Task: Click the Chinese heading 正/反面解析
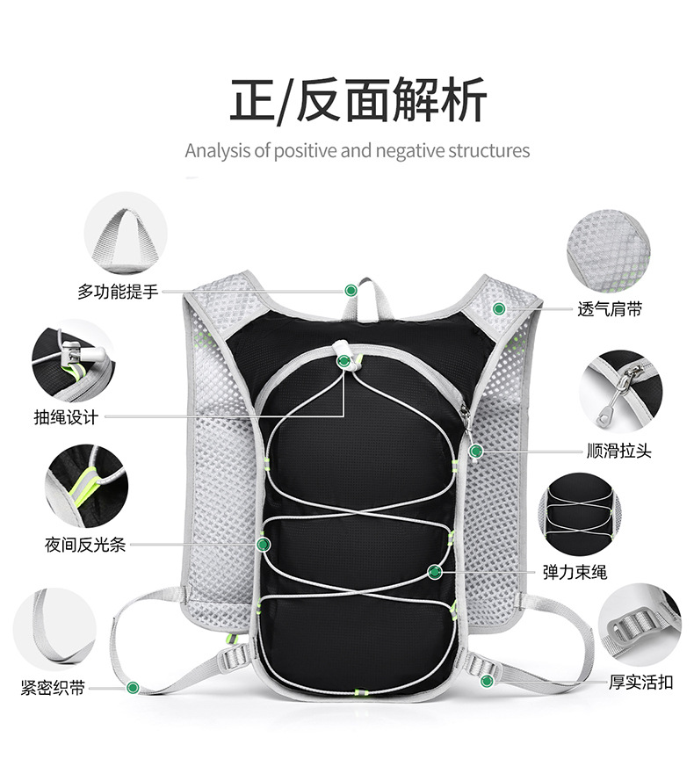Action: click(358, 100)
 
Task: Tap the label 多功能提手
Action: click(118, 292)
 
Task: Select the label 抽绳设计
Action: click(66, 416)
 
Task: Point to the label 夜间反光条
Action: click(85, 545)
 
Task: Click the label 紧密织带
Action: click(53, 687)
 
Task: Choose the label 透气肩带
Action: click(610, 309)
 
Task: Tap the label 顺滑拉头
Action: click(619, 451)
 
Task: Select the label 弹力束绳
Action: click(575, 572)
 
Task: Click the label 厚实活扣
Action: click(640, 682)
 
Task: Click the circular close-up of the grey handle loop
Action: click(126, 233)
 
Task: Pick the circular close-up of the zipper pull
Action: click(621, 391)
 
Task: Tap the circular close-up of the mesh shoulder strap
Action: click(608, 250)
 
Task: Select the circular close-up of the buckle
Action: click(640, 625)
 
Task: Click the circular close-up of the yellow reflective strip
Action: click(87, 487)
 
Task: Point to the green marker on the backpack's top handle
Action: click(351, 291)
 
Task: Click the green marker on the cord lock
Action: click(343, 361)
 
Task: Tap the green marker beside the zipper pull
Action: click(476, 452)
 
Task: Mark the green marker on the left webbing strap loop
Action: click(133, 687)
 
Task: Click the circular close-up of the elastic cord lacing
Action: click(579, 515)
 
